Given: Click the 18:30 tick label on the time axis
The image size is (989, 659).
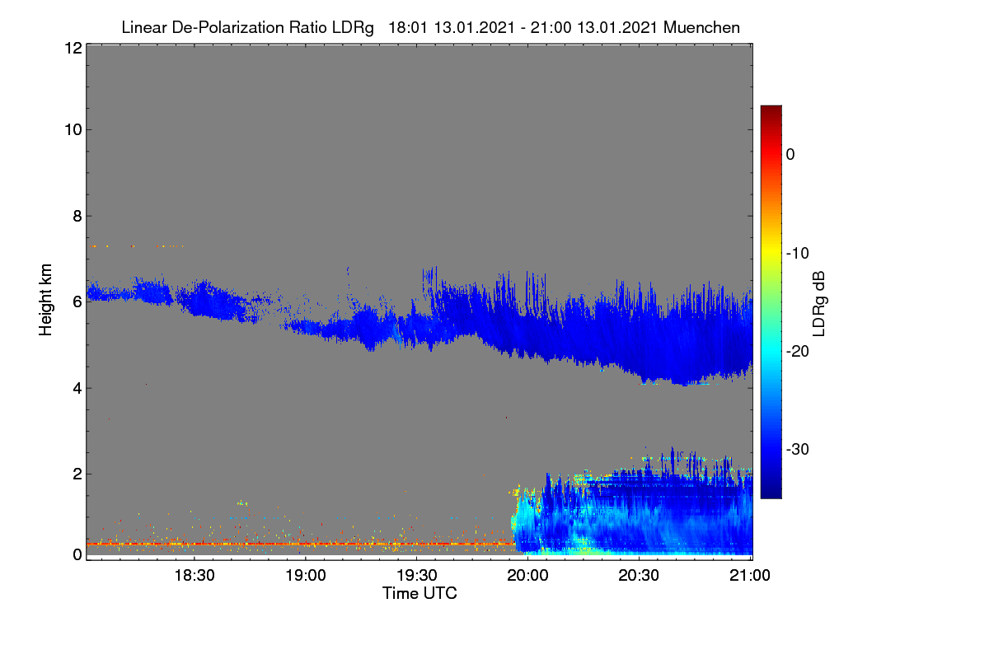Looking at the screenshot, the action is tap(195, 576).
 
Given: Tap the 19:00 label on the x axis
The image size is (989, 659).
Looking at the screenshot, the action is tap(306, 576).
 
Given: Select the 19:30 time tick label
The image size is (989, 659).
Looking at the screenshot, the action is tap(417, 576).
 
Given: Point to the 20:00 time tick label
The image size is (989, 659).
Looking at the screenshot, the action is tap(527, 576).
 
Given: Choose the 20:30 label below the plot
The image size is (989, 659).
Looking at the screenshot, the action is tap(639, 576).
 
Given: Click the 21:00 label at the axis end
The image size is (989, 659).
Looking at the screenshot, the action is tap(750, 576).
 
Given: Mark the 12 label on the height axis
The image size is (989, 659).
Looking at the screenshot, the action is tap(73, 48).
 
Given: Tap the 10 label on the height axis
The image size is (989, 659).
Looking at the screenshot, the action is tap(73, 130).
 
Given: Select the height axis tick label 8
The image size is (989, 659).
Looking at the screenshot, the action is tap(77, 216).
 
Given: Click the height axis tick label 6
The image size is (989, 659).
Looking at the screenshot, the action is tap(77, 302).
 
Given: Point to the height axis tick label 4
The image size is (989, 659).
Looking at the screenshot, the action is tap(77, 389).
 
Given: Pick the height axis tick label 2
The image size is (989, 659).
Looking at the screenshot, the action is tap(77, 474).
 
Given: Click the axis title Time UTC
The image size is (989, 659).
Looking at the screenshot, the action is tap(420, 593).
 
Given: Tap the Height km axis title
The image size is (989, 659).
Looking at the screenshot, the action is tap(45, 300).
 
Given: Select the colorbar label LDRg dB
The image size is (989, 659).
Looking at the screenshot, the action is tap(819, 304).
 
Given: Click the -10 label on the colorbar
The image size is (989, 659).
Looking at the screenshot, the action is tap(798, 254).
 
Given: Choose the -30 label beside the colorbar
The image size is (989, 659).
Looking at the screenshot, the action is tap(798, 449).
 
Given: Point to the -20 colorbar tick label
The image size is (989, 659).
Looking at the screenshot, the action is tap(798, 352).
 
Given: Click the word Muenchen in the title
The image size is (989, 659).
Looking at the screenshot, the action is tap(701, 27).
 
